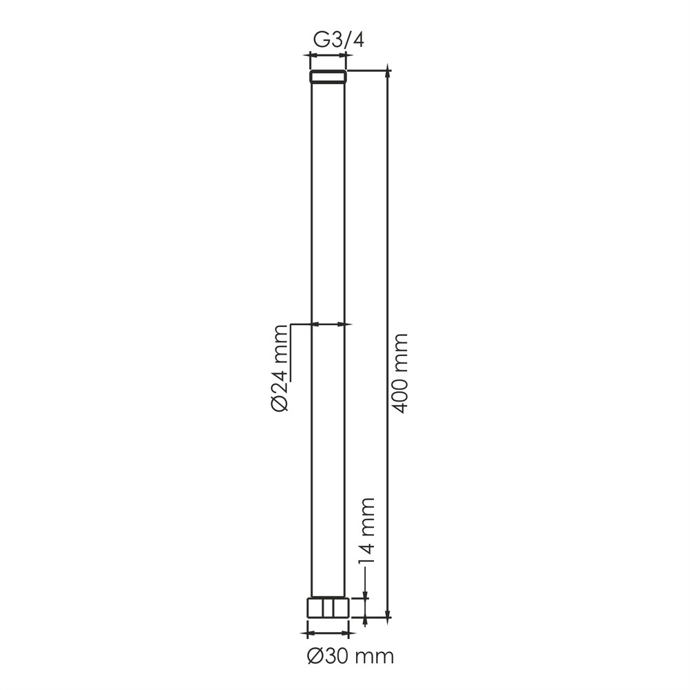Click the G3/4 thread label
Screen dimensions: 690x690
[338, 41]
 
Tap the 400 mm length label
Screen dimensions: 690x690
[400, 373]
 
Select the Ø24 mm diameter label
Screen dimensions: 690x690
[279, 368]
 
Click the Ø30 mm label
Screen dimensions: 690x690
[351, 657]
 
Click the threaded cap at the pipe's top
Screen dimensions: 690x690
[328, 77]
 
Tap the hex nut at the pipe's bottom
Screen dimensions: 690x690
[328, 607]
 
